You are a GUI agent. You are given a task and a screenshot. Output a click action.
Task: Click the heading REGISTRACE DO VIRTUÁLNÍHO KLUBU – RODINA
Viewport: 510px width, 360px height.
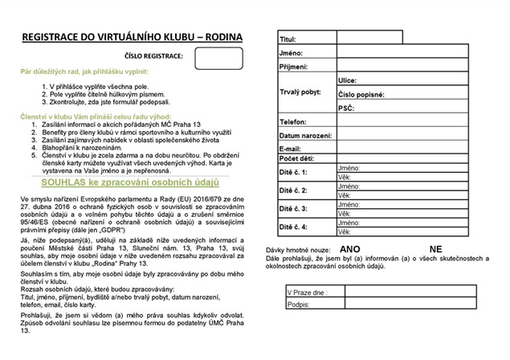tap(133, 37)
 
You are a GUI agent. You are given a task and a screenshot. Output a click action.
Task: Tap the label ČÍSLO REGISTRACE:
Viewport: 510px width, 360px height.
tap(153, 57)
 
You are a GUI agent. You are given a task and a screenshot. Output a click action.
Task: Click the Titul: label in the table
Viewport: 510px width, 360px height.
tap(288, 39)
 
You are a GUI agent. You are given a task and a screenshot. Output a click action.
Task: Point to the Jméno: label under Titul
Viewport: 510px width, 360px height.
tap(291, 52)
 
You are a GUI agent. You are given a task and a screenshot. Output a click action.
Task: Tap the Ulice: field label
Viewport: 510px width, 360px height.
tap(347, 80)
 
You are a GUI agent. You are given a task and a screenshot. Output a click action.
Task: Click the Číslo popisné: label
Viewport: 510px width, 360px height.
tap(361, 94)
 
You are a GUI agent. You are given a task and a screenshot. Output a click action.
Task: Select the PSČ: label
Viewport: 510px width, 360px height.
tap(346, 108)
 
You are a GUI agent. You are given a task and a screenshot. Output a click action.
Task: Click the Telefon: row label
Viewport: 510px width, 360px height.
tap(293, 121)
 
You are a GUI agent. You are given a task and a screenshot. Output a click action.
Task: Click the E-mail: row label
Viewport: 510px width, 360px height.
tap(290, 149)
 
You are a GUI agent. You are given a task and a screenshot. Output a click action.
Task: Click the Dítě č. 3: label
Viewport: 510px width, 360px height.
tap(294, 208)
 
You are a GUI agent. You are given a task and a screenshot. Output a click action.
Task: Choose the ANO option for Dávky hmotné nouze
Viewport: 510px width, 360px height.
tap(350, 249)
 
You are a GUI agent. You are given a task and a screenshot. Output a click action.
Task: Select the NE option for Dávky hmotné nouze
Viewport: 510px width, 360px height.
tap(436, 249)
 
